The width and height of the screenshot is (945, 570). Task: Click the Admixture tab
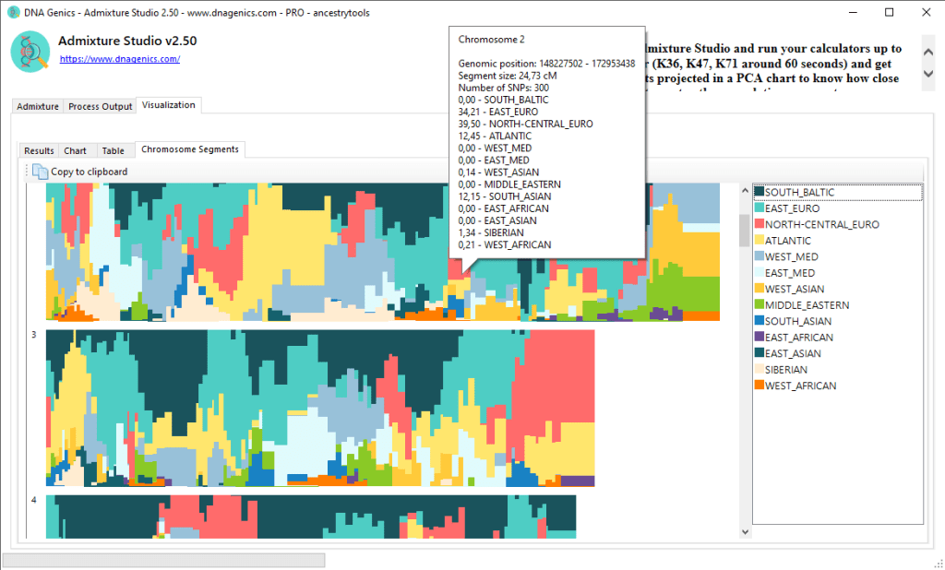click(38, 106)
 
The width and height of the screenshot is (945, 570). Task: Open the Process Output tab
click(101, 106)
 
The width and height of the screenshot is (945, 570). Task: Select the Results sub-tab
click(39, 150)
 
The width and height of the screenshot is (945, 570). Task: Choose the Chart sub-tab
click(76, 150)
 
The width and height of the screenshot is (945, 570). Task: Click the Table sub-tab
click(113, 150)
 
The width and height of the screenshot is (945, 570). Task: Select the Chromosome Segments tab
click(189, 149)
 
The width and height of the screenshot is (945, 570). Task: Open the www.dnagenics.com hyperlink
click(120, 59)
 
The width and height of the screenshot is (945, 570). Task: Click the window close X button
click(924, 12)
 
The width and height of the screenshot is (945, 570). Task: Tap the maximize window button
click(889, 12)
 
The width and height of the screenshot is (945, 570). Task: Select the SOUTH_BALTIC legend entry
click(799, 192)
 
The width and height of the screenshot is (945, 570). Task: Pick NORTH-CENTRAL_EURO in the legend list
click(821, 224)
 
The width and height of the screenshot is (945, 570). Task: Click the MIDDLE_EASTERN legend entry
click(807, 304)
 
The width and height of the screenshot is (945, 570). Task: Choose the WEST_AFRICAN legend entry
click(800, 386)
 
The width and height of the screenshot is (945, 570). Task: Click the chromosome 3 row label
click(34, 335)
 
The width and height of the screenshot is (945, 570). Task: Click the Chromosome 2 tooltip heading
click(492, 40)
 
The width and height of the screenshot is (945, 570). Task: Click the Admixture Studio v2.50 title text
click(127, 42)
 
